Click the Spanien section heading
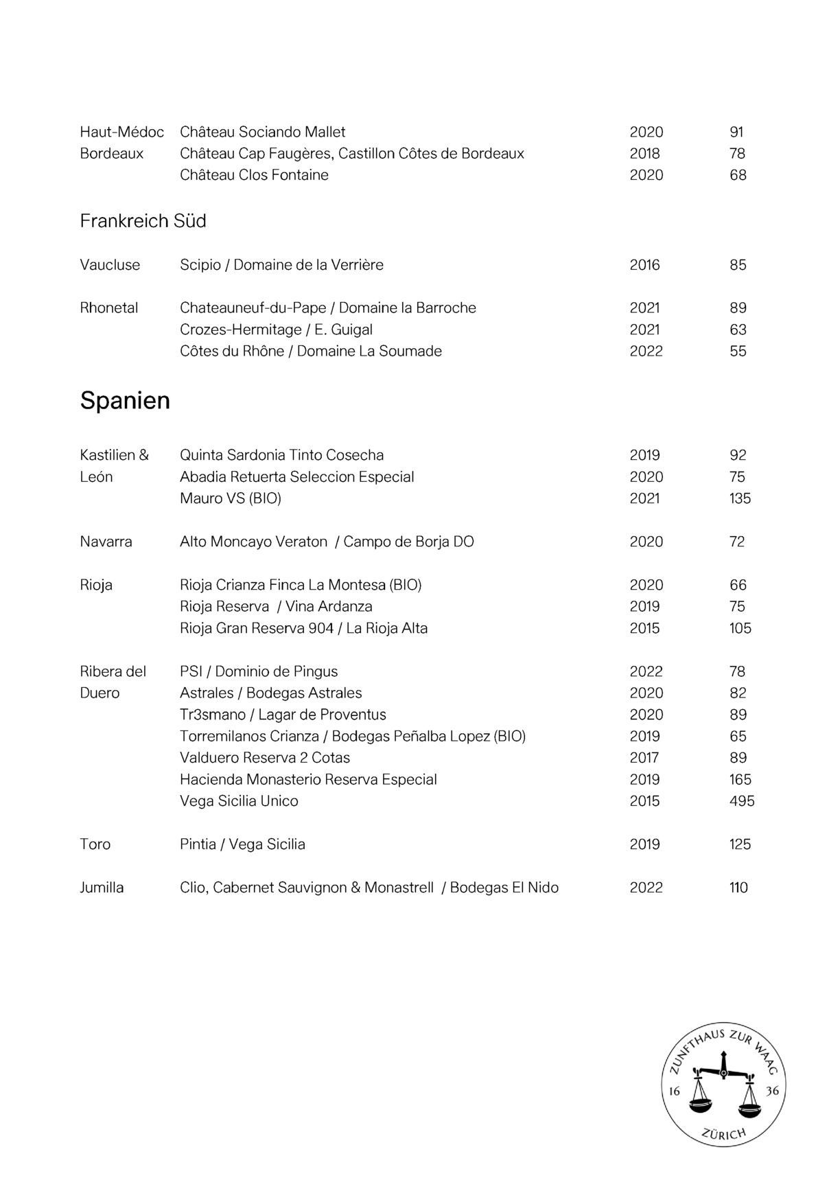pyautogui.click(x=125, y=400)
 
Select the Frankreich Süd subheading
pyautogui.click(x=143, y=221)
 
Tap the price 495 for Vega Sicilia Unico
pyautogui.click(x=741, y=801)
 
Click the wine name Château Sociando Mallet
pyautogui.click(x=262, y=132)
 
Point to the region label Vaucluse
pyautogui.click(x=110, y=265)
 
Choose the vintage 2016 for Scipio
pyautogui.click(x=644, y=265)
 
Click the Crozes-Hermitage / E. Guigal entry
pyautogui.click(x=276, y=330)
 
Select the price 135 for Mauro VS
pyautogui.click(x=740, y=498)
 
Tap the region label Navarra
pyautogui.click(x=106, y=542)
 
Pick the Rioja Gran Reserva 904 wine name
pyautogui.click(x=303, y=628)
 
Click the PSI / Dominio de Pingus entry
pyautogui.click(x=259, y=671)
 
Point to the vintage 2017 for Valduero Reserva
pyautogui.click(x=644, y=758)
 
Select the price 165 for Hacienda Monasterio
pyautogui.click(x=740, y=780)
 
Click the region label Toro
pyautogui.click(x=95, y=844)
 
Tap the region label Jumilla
pyautogui.click(x=102, y=888)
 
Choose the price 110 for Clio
pyautogui.click(x=738, y=888)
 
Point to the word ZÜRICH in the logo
pyautogui.click(x=724, y=1133)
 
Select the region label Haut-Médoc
pyautogui.click(x=121, y=132)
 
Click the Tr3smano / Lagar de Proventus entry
pyautogui.click(x=283, y=715)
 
